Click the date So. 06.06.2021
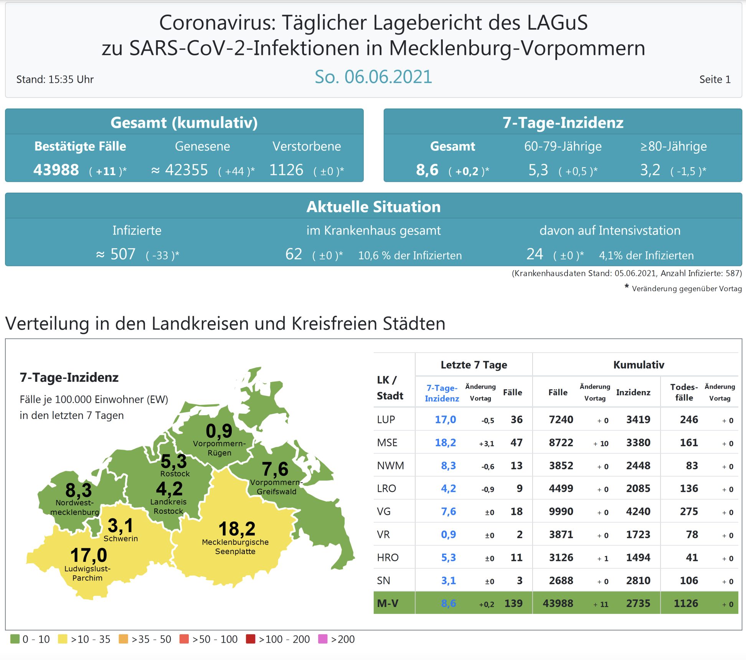(x=373, y=77)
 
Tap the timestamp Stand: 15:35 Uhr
(x=55, y=79)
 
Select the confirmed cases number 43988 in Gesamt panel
(x=56, y=170)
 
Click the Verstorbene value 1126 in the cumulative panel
(x=286, y=170)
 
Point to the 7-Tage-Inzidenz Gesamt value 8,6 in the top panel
(x=427, y=170)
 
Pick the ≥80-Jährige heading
(x=673, y=146)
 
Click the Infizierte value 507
(x=123, y=254)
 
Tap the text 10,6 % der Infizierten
(x=410, y=256)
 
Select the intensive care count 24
(x=535, y=254)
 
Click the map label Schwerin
(x=120, y=538)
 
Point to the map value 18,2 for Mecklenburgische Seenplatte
(x=237, y=529)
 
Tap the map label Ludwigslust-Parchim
(x=87, y=573)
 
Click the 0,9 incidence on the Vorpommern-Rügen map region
(x=219, y=431)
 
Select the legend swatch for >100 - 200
(x=251, y=639)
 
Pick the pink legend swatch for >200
(x=323, y=639)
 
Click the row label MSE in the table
(x=387, y=442)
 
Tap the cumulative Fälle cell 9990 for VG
(x=561, y=511)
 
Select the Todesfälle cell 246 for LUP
(x=689, y=419)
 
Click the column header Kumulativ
(x=639, y=365)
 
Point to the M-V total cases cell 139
(x=513, y=603)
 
